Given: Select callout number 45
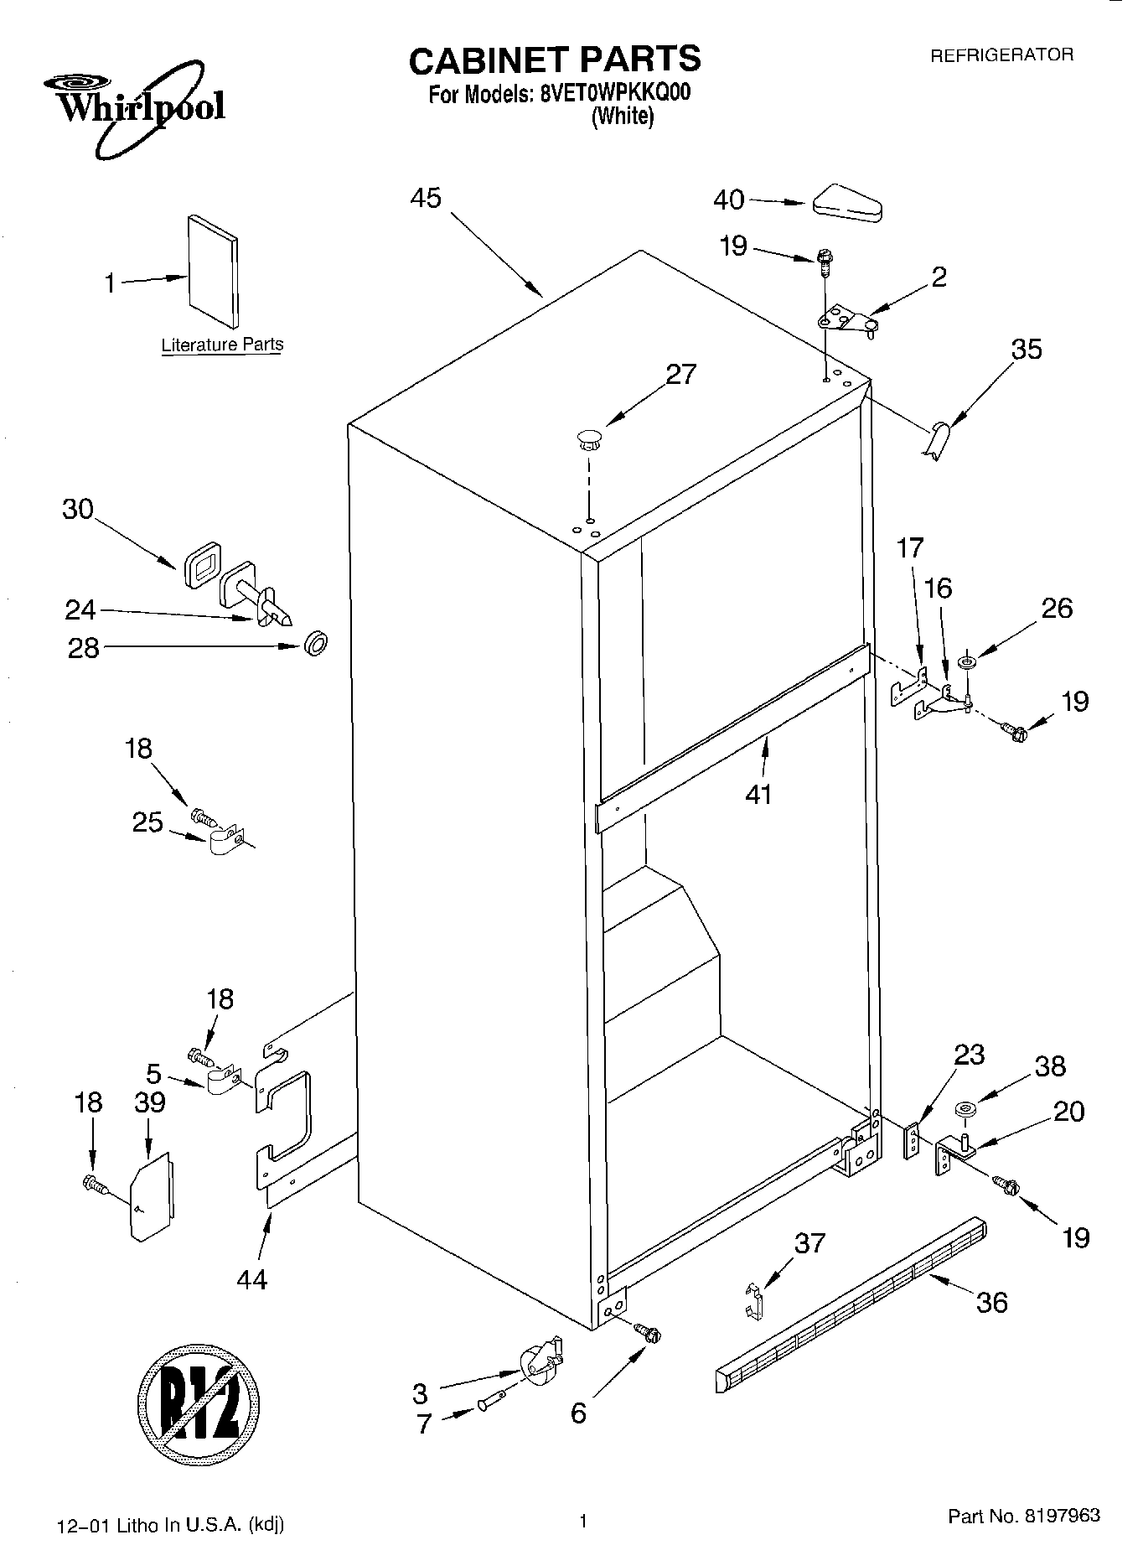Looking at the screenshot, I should point(426,199).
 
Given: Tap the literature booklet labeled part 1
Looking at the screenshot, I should point(213,271).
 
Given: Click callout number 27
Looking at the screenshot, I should point(680,374).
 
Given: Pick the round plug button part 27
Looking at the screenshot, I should point(589,438).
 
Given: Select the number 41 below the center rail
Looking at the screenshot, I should point(758,793).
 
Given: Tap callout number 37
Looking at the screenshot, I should point(809,1243).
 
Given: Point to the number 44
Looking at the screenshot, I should point(251,1279).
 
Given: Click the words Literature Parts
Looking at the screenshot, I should point(222,345).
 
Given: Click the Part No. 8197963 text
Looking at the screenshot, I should point(1023,1515).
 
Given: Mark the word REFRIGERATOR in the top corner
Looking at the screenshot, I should point(1001,55).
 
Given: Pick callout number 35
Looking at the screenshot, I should point(1026,349).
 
